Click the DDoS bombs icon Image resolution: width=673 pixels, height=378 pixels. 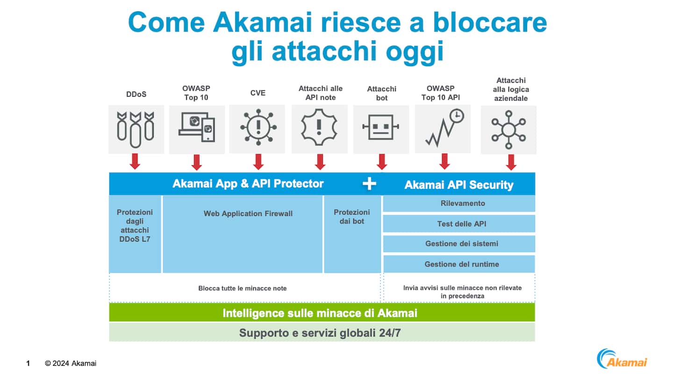136,127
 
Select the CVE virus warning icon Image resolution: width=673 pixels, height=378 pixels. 258,127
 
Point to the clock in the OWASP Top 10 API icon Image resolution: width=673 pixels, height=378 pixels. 457,116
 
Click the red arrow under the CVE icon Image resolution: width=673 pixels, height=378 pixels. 258,161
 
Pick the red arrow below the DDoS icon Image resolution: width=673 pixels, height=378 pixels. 135,161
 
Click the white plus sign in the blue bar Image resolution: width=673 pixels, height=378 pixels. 369,184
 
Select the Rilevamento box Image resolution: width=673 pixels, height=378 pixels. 459,203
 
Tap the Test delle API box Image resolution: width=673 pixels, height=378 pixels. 459,224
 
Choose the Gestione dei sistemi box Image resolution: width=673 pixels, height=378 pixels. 459,243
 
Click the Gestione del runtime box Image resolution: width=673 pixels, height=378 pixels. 459,264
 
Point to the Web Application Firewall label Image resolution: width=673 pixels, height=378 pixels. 248,214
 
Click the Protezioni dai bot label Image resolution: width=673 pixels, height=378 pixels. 352,216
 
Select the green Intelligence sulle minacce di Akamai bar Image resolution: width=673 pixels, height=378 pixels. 322,313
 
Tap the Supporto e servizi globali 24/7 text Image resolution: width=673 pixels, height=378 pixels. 322,333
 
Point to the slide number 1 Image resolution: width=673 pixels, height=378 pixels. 28,363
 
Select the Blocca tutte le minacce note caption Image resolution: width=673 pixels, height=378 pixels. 243,288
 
